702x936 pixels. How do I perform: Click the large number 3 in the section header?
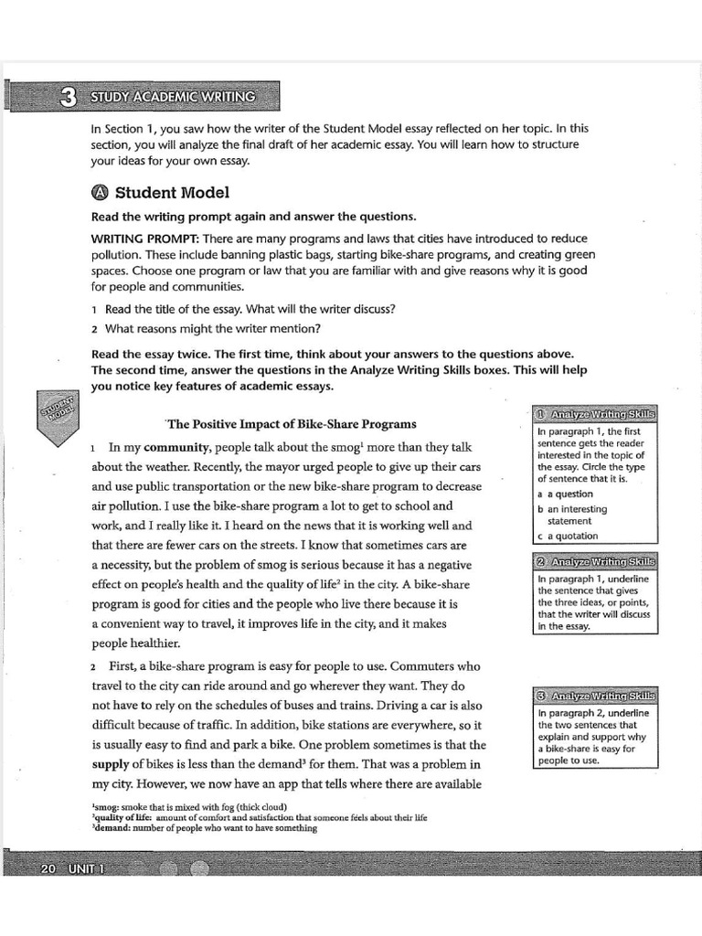(67, 97)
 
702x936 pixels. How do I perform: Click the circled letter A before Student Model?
(100, 193)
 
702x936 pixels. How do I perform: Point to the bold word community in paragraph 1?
(177, 447)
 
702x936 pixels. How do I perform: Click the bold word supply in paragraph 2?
(111, 764)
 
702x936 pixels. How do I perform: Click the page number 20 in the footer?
(48, 867)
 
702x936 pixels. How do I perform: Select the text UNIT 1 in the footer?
(85, 867)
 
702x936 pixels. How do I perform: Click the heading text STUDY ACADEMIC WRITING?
(173, 96)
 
